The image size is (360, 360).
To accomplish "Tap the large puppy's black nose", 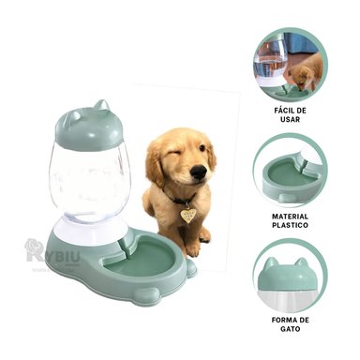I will (198, 172).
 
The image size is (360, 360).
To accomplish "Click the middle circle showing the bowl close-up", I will (290, 169).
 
